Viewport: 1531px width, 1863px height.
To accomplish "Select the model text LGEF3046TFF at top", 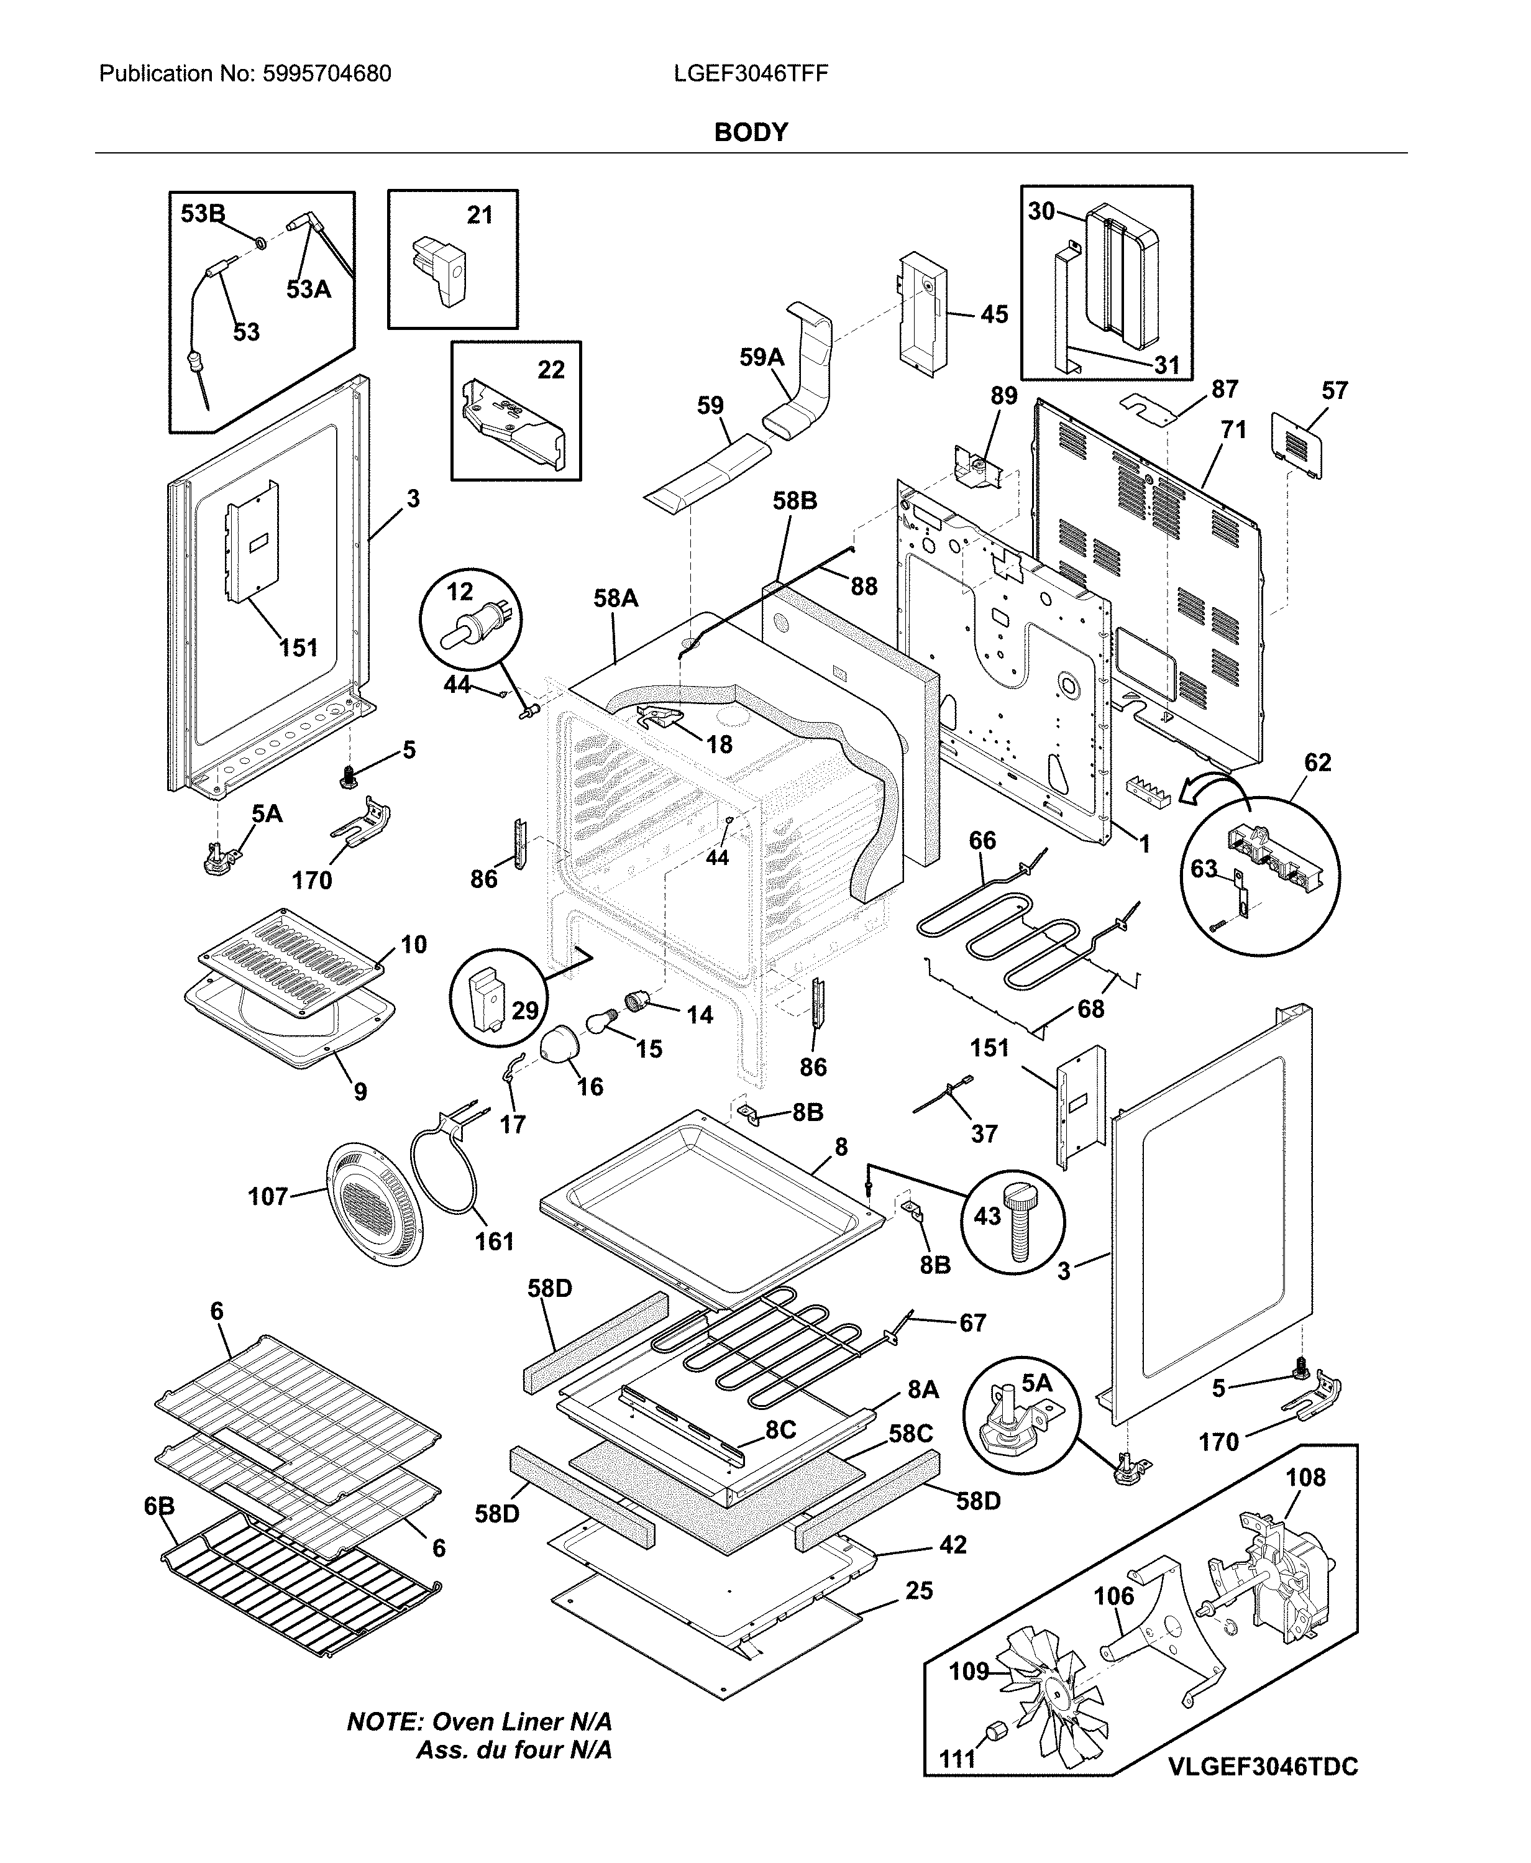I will click(x=751, y=73).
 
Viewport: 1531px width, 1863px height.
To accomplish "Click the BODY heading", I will click(x=751, y=132).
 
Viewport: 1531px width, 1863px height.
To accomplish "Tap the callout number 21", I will click(x=480, y=215).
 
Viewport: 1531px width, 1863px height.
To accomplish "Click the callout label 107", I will click(x=268, y=1197).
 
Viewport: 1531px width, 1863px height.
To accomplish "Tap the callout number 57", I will click(x=1334, y=391).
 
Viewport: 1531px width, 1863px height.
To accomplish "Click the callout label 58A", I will click(x=616, y=599).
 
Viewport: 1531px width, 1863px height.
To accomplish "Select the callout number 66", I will click(x=982, y=841).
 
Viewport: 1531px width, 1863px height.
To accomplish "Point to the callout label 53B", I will click(x=203, y=214).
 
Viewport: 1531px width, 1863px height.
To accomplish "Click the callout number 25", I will click(x=919, y=1590).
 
